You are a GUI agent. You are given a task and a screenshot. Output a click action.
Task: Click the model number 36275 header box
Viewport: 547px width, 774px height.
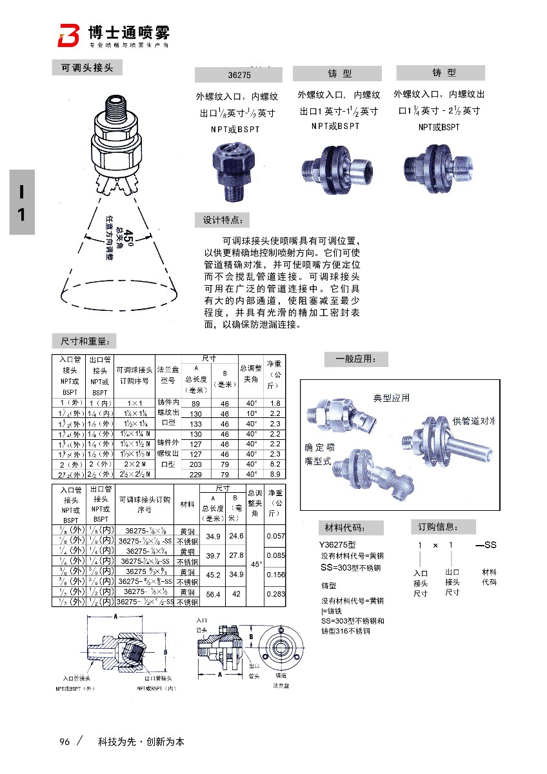(x=239, y=74)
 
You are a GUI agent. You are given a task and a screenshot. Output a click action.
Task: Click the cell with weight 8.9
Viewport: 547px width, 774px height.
(x=275, y=474)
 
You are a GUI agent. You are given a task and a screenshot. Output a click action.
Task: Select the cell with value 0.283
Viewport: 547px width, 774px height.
(x=275, y=593)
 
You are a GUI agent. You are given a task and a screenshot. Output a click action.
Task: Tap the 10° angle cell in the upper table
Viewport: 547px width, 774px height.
(x=252, y=413)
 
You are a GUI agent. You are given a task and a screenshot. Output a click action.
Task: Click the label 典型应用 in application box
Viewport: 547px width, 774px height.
(x=392, y=398)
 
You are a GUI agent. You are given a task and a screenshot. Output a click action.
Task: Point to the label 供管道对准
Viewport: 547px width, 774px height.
(x=473, y=421)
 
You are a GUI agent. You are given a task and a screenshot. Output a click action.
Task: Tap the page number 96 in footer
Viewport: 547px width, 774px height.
(x=64, y=741)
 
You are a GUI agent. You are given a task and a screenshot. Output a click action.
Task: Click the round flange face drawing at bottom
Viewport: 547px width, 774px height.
(x=280, y=648)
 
